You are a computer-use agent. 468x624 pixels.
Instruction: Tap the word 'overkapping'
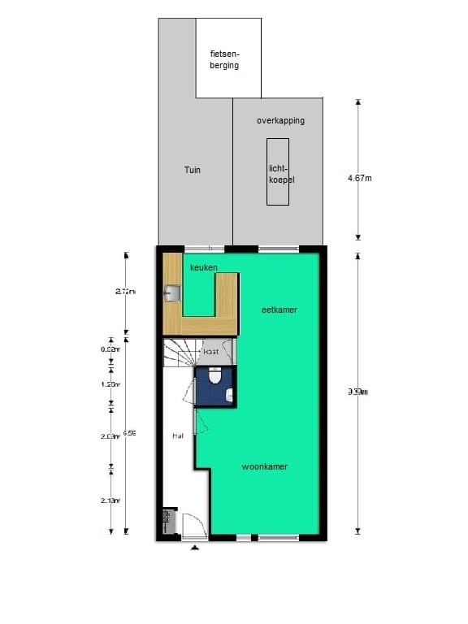[x=280, y=121]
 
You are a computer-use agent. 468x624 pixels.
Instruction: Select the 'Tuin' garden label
[x=192, y=170]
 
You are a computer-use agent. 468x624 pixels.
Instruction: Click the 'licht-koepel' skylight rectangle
[x=279, y=172]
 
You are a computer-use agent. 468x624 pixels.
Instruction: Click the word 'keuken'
[x=203, y=267]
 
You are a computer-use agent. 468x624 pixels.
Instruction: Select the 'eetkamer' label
[x=279, y=310]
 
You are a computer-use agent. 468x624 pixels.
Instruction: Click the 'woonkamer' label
[x=265, y=467]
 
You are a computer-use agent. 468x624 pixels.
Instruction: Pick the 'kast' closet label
[x=211, y=352]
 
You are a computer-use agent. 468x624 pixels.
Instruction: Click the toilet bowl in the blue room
[x=215, y=377]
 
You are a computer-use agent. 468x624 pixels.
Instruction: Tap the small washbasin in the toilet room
[x=230, y=396]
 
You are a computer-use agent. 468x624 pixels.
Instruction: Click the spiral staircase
[x=180, y=353]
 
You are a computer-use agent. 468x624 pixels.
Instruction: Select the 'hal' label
[x=178, y=436]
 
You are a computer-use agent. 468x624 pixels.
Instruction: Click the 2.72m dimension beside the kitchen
[x=126, y=292]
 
